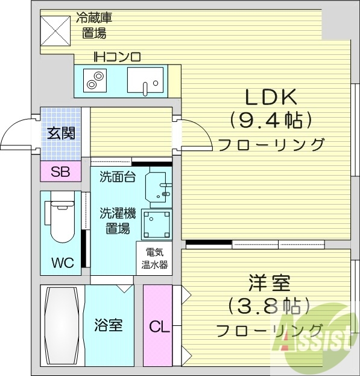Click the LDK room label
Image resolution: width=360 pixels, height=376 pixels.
point(271,97)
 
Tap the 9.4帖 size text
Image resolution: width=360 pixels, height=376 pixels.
point(271,120)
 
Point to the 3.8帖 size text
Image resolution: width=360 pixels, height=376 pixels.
point(270,306)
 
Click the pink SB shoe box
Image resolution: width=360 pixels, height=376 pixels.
point(60,172)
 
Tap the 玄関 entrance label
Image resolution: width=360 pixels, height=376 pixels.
point(61,132)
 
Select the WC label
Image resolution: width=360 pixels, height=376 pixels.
point(62,263)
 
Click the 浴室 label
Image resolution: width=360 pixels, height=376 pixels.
point(109,326)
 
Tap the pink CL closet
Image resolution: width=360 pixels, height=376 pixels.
point(159,327)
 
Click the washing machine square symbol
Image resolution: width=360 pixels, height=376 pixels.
point(156,224)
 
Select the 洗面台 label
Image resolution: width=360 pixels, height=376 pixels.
point(117,177)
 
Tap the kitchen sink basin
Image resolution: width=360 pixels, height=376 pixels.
point(145,79)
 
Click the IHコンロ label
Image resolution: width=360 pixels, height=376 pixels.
point(116,58)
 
